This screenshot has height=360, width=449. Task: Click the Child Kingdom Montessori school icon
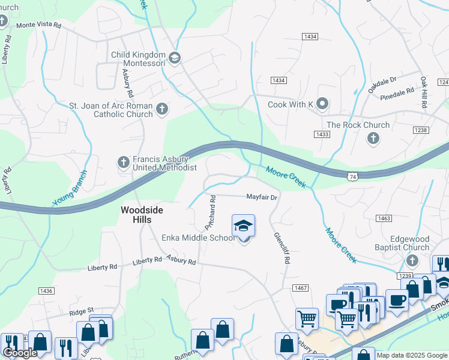click(175, 58)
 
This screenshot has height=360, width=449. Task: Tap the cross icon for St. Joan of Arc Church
click(161, 109)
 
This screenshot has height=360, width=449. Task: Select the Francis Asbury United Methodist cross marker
click(123, 162)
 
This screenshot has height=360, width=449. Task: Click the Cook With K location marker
click(322, 104)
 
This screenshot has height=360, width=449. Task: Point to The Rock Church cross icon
click(373, 139)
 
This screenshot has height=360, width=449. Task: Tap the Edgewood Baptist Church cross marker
click(412, 260)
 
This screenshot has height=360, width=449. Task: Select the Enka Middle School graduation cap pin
click(243, 226)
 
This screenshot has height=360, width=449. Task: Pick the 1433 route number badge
click(322, 134)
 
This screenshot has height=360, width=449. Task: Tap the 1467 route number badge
click(301, 289)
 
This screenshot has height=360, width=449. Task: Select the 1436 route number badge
click(46, 291)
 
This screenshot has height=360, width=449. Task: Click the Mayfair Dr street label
click(262, 197)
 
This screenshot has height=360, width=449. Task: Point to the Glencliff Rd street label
click(282, 250)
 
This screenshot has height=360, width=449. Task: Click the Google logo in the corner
click(20, 353)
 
